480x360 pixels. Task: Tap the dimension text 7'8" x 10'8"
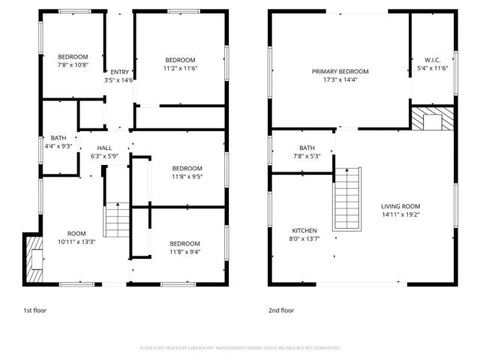tap(73, 65)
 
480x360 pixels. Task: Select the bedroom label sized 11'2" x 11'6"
tap(181, 60)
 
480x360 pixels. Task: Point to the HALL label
tap(104, 147)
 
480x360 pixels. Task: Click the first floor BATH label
tap(58, 138)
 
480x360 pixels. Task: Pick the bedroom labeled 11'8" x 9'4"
tap(184, 244)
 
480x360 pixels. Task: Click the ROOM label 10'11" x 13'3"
tap(77, 233)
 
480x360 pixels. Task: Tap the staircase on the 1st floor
tap(118, 219)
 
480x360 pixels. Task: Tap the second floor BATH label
tap(307, 148)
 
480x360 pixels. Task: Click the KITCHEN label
tap(304, 230)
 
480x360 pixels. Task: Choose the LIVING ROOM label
tap(400, 206)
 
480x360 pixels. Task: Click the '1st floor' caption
tap(34, 310)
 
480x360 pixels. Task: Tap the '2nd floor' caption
tap(282, 310)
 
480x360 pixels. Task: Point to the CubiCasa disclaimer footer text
tap(240, 348)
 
